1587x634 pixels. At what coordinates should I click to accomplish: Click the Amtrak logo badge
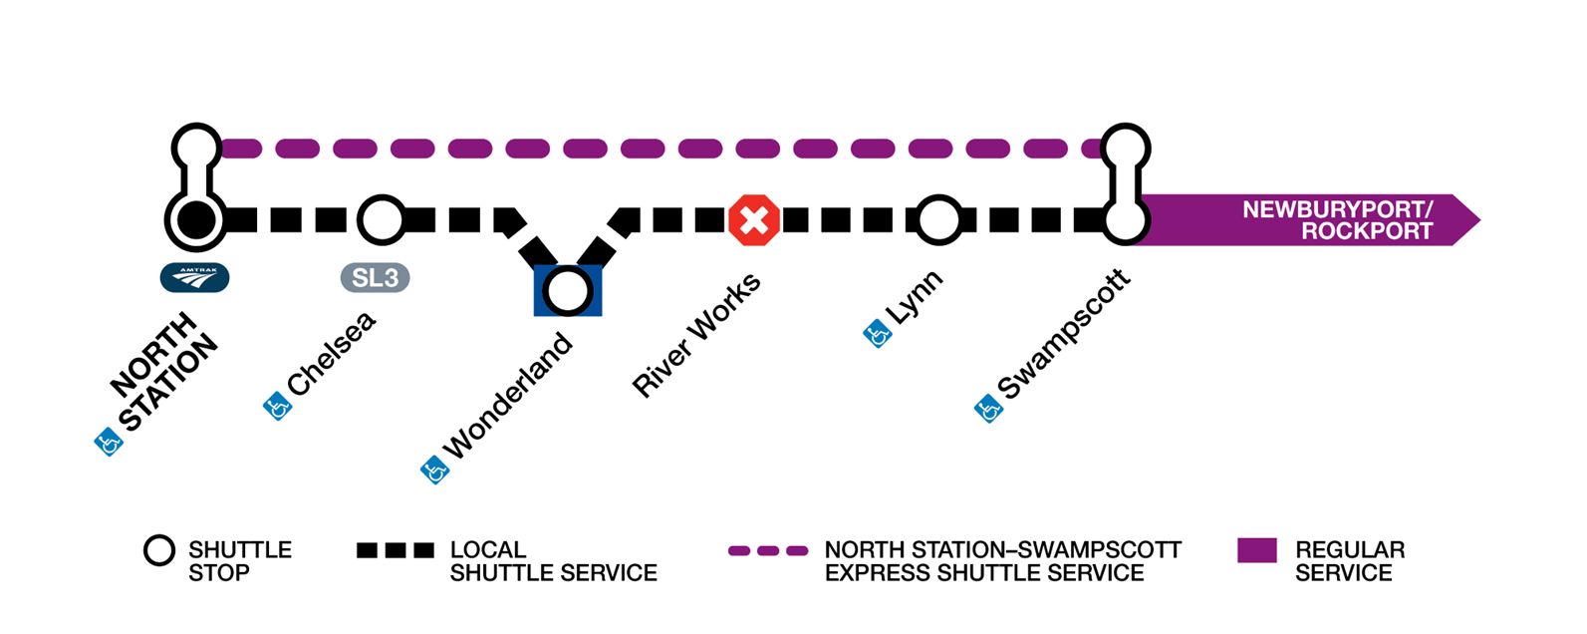[x=194, y=277]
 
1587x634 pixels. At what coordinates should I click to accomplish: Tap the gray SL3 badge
[x=375, y=277]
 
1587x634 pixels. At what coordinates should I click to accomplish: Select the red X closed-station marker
[x=754, y=220]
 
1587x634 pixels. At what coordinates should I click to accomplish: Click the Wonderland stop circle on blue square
[x=568, y=291]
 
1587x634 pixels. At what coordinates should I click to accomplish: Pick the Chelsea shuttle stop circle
[x=381, y=220]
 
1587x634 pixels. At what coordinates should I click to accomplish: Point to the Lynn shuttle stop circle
[x=937, y=220]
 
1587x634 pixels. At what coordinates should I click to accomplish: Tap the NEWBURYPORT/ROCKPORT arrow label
[x=1337, y=220]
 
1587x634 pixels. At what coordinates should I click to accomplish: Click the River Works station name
[x=697, y=335]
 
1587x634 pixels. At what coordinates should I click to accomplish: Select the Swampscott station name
[x=1065, y=335]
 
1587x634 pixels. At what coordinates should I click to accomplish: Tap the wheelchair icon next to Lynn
[x=877, y=335]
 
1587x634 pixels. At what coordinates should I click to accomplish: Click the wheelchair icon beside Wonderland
[x=434, y=470]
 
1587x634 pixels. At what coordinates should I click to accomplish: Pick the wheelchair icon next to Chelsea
[x=277, y=407]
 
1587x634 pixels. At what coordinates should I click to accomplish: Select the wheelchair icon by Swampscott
[x=988, y=408]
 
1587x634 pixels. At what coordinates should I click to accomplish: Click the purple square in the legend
[x=1256, y=550]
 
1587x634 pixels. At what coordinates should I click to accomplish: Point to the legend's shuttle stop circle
[x=159, y=550]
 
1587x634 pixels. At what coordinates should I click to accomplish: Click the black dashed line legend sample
[x=396, y=550]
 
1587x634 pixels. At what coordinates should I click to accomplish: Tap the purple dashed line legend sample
[x=767, y=550]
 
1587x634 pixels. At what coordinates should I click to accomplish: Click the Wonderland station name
[x=509, y=397]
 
